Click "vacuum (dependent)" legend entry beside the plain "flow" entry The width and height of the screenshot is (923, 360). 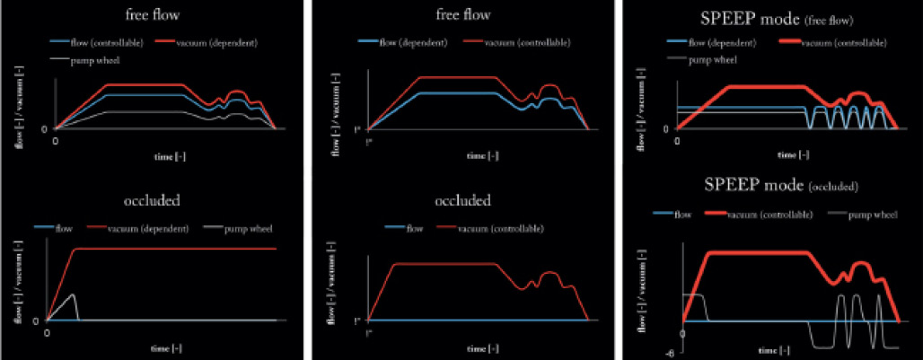[x=155, y=229]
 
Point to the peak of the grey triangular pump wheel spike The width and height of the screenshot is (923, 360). [x=73, y=294]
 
